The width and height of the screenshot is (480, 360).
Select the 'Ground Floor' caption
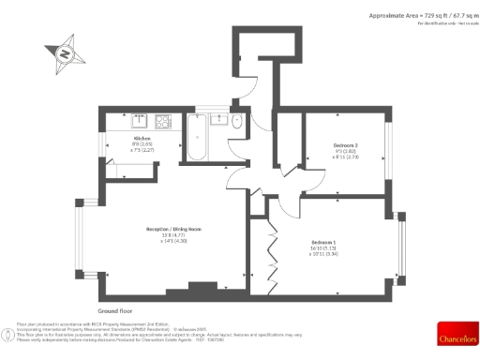click(115, 308)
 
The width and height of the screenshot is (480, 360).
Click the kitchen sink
click(138, 119)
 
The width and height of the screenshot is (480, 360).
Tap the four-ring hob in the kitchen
click(161, 120)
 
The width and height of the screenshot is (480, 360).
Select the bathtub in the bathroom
click(198, 137)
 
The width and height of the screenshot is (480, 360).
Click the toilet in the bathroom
click(236, 123)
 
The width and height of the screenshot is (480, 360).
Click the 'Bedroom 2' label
click(346, 145)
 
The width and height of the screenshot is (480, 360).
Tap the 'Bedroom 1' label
click(325, 242)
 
